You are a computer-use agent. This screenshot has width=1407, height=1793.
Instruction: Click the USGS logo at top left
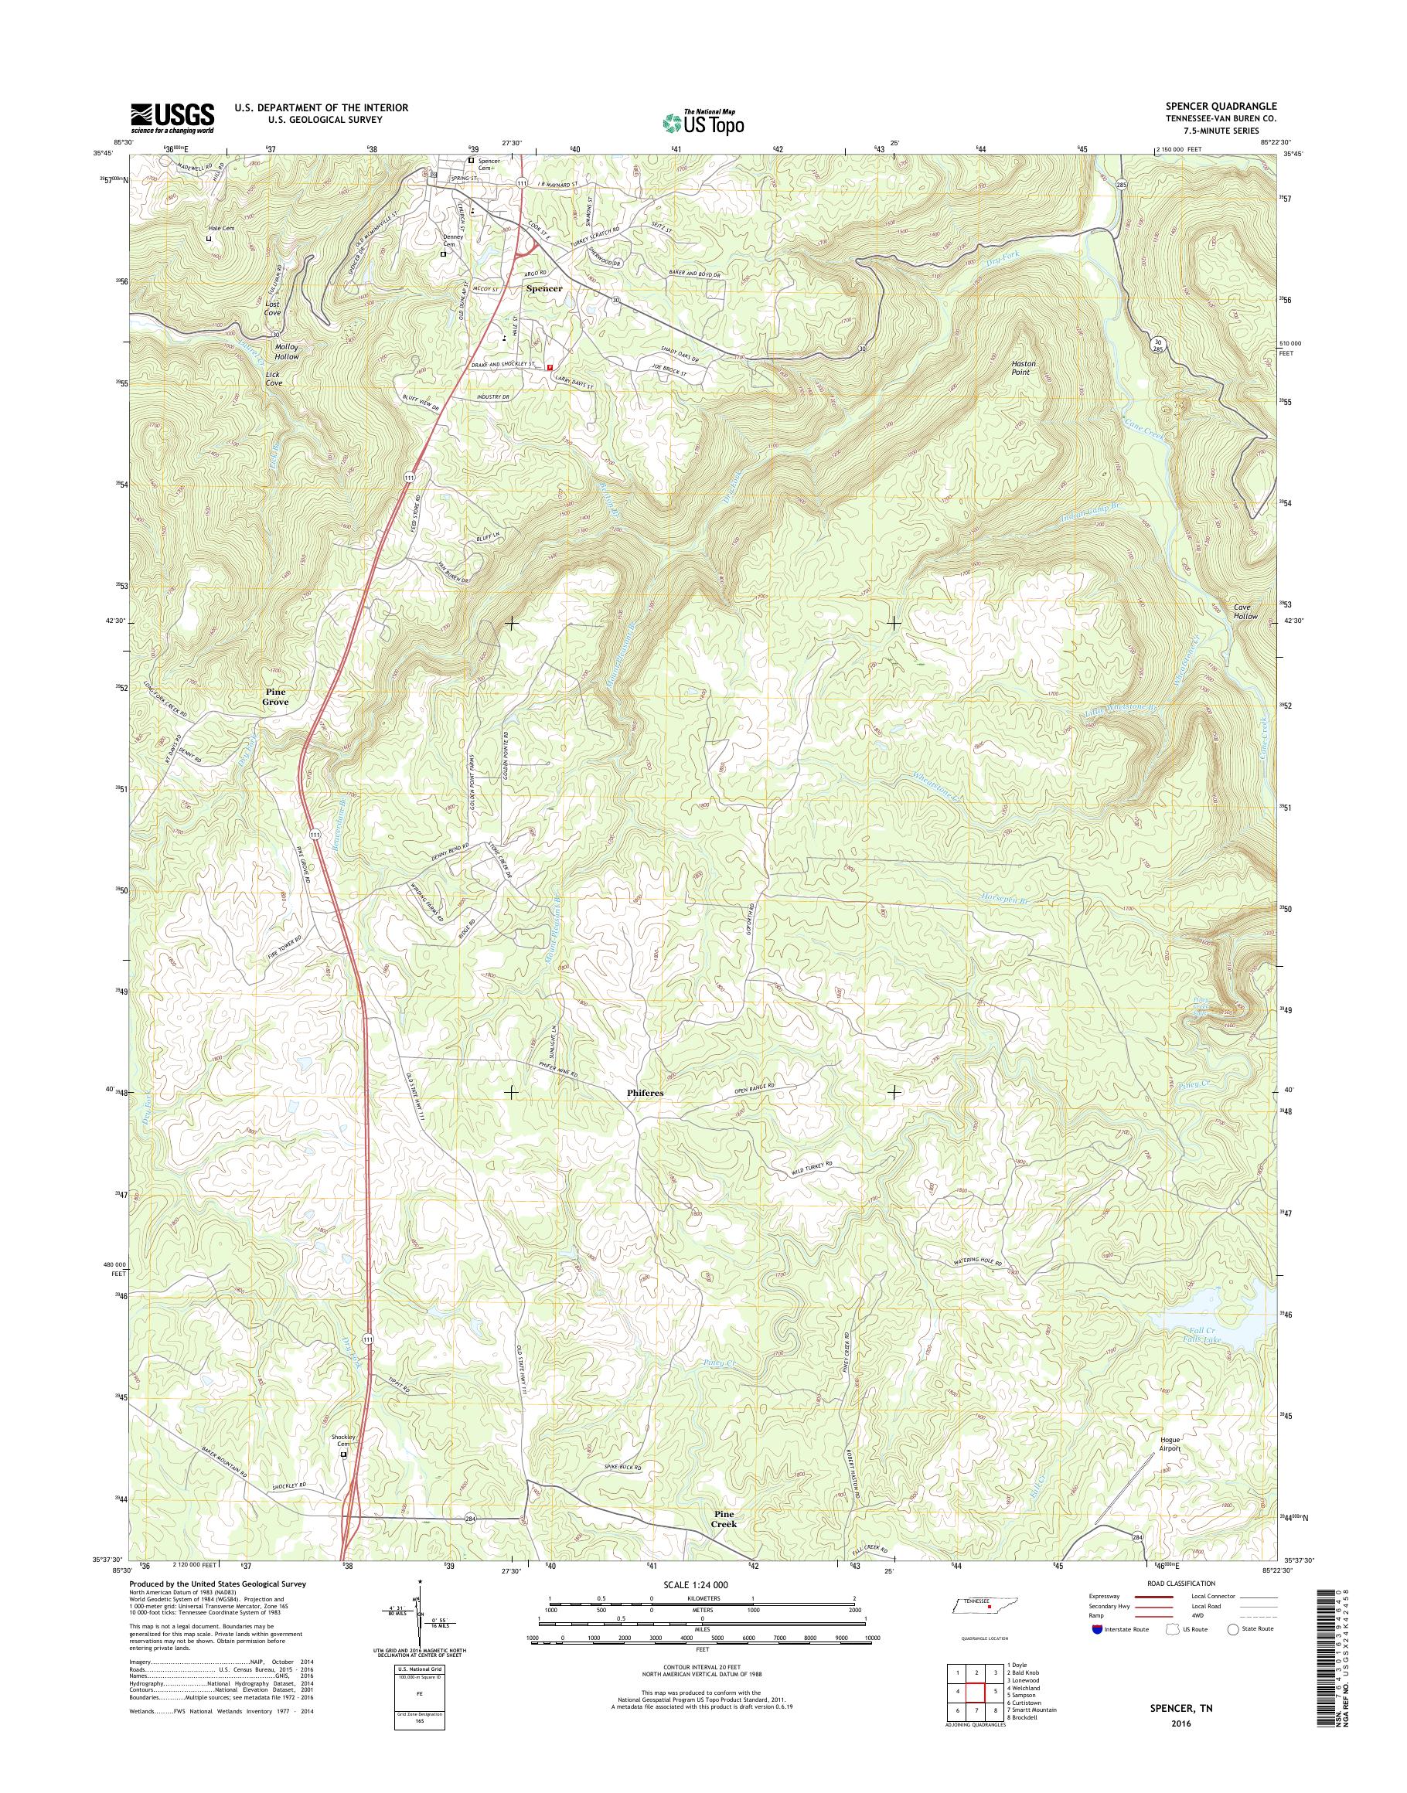point(172,117)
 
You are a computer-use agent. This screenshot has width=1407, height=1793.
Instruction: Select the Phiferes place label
point(644,1093)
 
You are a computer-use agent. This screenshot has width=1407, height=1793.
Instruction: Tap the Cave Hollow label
point(1245,612)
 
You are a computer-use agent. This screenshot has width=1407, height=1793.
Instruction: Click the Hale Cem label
point(221,229)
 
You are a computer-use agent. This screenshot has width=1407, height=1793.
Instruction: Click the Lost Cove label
point(274,308)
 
